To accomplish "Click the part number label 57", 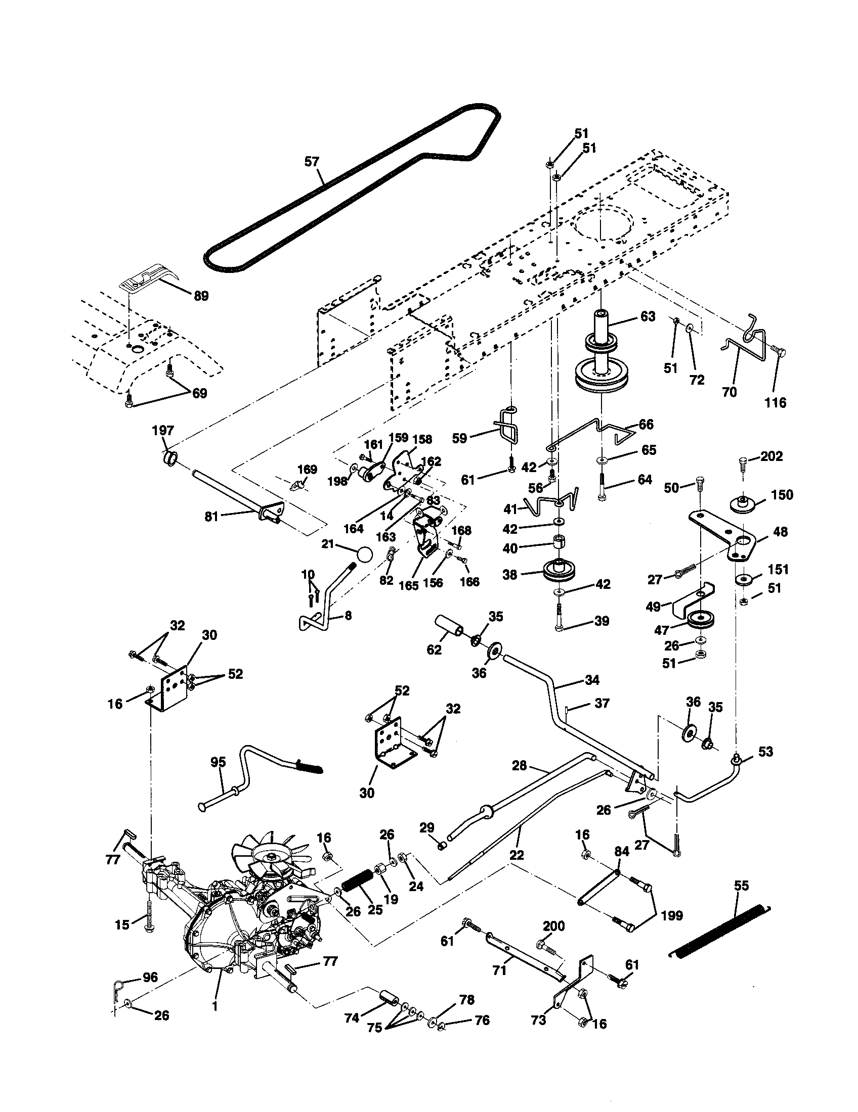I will (311, 162).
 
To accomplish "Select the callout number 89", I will (201, 296).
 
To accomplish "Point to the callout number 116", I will (776, 403).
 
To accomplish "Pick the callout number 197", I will (163, 431).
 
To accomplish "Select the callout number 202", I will (772, 456).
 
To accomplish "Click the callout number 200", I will (553, 925).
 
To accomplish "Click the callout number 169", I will (307, 470).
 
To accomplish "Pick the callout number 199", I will (672, 916).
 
